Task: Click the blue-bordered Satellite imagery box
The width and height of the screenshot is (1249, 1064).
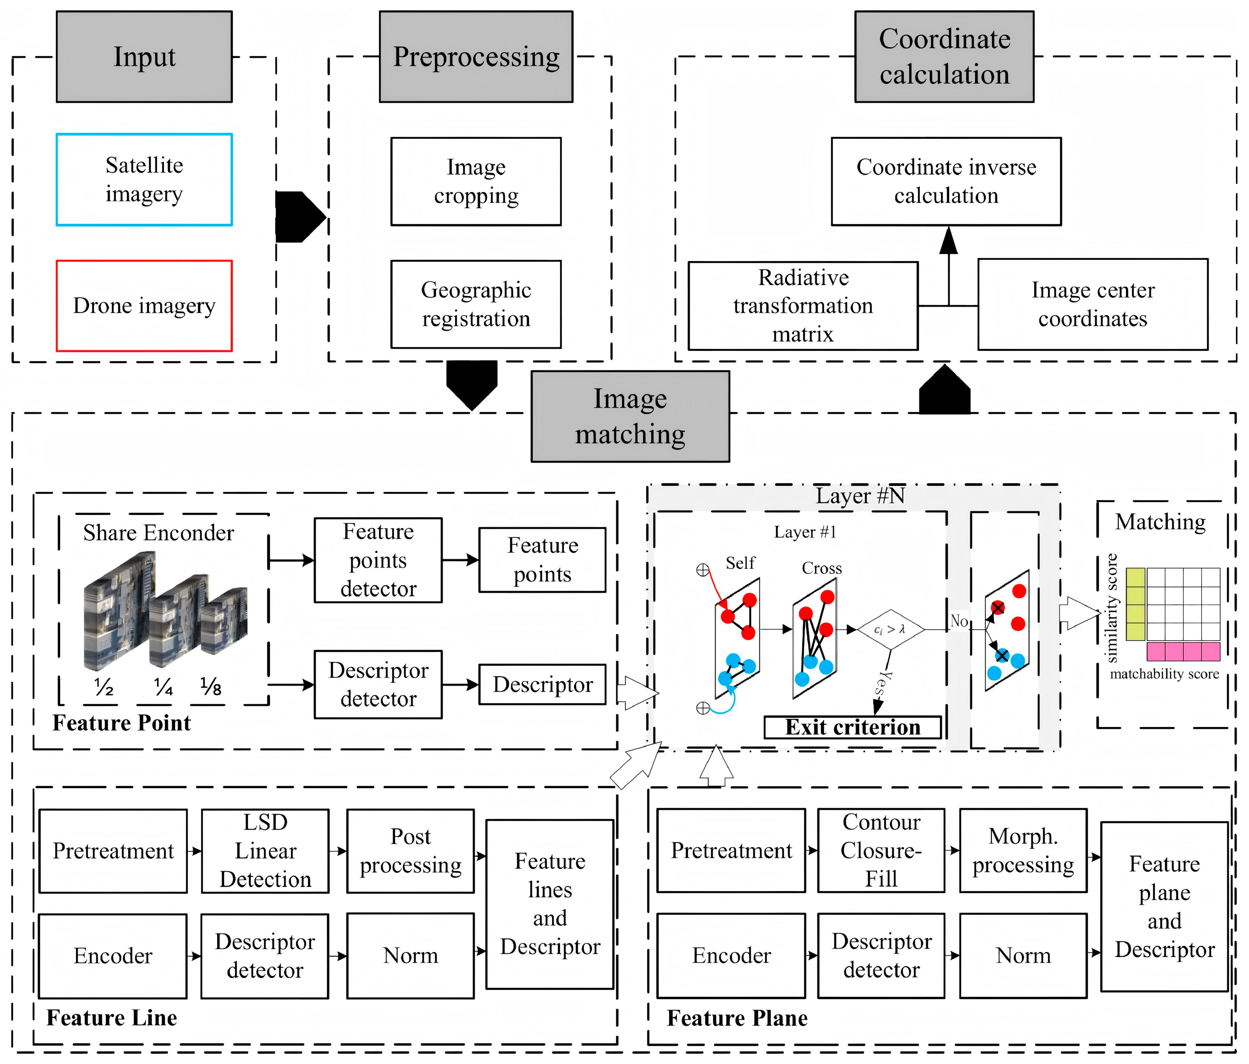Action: [144, 179]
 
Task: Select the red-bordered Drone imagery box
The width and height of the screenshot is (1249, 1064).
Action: [144, 306]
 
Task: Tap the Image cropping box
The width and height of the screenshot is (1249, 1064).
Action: [476, 181]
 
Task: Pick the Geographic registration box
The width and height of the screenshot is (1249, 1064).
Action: [476, 304]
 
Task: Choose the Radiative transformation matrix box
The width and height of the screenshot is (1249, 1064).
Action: [803, 306]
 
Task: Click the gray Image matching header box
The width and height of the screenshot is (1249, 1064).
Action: [630, 416]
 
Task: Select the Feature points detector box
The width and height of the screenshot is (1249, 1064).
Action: [378, 560]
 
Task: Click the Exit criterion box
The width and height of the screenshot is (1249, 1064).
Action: [852, 727]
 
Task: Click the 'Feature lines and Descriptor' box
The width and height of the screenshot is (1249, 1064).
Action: [550, 904]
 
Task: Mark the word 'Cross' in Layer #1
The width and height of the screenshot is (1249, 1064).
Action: [822, 568]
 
